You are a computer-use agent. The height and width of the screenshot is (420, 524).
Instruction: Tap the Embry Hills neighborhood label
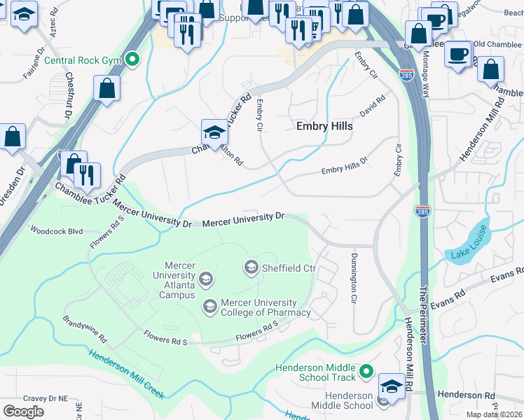click(x=324, y=127)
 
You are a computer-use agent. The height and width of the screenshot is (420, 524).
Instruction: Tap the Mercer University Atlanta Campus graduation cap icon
click(x=206, y=280)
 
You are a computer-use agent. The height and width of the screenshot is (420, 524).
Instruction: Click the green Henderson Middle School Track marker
click(x=365, y=372)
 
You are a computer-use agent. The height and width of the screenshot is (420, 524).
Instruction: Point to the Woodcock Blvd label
click(x=56, y=230)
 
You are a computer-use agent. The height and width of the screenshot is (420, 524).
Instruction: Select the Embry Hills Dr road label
click(x=344, y=166)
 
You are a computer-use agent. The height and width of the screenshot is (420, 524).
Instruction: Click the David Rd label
click(x=373, y=106)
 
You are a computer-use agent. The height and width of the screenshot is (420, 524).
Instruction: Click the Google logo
click(x=24, y=412)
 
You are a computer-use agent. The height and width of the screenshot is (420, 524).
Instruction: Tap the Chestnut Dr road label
click(x=69, y=97)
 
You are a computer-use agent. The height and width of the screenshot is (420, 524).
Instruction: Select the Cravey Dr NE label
click(x=45, y=398)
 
